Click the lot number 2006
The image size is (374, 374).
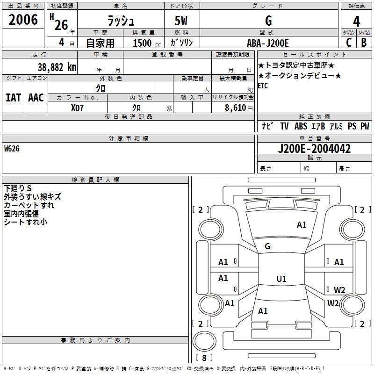tap(23, 20)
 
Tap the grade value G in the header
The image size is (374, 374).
tap(268, 21)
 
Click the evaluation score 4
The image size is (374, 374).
tap(357, 21)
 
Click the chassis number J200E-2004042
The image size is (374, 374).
tap(314, 149)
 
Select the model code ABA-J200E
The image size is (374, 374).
tap(268, 43)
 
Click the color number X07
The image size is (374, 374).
tap(78, 108)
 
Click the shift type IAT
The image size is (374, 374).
tap(13, 97)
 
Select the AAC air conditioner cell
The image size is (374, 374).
tap(36, 97)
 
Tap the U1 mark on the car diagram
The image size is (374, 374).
tap(281, 279)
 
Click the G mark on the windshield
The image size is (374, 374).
tap(267, 246)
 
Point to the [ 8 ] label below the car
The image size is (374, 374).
tap(203, 358)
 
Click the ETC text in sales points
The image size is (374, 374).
tap(263, 86)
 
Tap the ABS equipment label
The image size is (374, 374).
tap(301, 126)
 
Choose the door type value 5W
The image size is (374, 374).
tap(181, 21)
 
